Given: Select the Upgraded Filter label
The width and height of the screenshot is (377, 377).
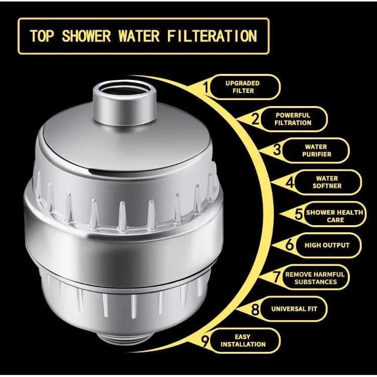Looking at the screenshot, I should [x=243, y=87].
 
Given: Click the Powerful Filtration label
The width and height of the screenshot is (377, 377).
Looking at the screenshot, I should [x=293, y=119].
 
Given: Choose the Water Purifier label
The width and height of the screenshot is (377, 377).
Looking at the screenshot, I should [x=317, y=150].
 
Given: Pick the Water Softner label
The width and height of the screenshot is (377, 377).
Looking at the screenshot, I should [x=327, y=182].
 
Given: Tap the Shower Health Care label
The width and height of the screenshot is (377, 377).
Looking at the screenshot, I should [x=334, y=216].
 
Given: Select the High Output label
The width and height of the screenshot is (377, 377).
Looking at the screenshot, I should [x=326, y=245].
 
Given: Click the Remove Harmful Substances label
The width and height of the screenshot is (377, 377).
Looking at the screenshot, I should [x=315, y=278].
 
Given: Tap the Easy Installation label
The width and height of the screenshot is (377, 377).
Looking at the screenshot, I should [x=243, y=340].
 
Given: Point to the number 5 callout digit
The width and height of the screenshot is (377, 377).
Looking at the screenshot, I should [x=299, y=215].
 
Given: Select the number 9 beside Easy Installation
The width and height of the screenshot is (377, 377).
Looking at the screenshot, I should [x=205, y=341].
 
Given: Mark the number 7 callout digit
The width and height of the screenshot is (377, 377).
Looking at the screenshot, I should [x=276, y=277].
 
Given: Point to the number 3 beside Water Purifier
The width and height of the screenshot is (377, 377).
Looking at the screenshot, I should [x=277, y=150].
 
